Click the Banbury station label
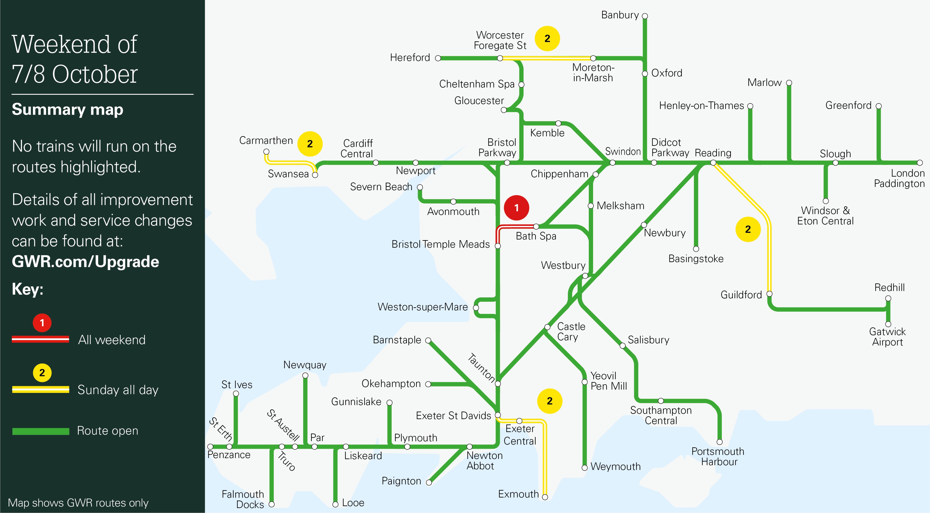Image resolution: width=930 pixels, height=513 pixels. click(620, 15)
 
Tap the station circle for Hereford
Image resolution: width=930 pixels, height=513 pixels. click(438, 58)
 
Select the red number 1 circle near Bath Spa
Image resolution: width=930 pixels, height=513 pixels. click(516, 208)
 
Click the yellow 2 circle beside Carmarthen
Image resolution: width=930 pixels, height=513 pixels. click(310, 144)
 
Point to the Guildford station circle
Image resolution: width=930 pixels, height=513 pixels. click(769, 294)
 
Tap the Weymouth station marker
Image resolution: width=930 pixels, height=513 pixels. click(584, 468)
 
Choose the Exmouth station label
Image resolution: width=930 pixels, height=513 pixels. click(518, 494)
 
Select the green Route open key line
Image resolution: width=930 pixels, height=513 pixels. click(40, 431)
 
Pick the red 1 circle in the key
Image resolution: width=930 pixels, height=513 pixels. click(42, 323)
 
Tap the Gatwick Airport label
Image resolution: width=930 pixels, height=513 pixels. click(887, 337)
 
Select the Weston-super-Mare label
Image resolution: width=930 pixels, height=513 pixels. click(422, 307)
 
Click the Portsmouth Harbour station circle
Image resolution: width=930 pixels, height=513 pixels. click(720, 442)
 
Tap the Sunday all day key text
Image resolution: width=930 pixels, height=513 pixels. click(118, 390)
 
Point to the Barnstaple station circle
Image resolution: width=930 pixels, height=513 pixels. click(428, 340)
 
